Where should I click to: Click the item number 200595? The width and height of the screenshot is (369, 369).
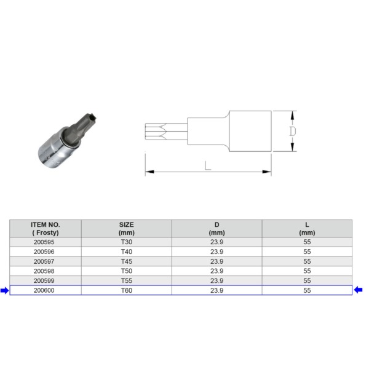point(46,242)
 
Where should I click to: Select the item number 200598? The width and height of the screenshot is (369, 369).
point(46,271)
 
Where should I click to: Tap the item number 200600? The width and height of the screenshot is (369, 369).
point(46,290)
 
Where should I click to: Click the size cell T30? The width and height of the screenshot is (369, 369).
point(126,242)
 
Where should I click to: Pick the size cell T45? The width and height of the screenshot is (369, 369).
point(126,261)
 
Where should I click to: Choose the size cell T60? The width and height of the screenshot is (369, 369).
point(126,290)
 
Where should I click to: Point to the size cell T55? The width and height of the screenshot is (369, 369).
point(126,280)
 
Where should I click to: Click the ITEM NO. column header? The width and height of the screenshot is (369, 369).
point(46,228)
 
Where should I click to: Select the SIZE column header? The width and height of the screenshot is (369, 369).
point(126,228)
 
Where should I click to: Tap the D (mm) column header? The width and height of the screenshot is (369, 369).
point(216,228)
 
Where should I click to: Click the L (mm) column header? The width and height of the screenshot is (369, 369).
point(307,228)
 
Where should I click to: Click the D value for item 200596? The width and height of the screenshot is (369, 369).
point(216,252)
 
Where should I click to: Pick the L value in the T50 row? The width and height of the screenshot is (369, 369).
point(307,271)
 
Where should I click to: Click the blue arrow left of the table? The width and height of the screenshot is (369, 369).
point(5,290)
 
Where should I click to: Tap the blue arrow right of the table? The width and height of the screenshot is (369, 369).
point(359,290)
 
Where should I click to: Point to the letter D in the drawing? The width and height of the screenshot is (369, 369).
point(293,131)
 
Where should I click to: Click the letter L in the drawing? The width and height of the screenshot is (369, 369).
point(208,165)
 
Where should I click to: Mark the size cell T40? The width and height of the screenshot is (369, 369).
point(126,252)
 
